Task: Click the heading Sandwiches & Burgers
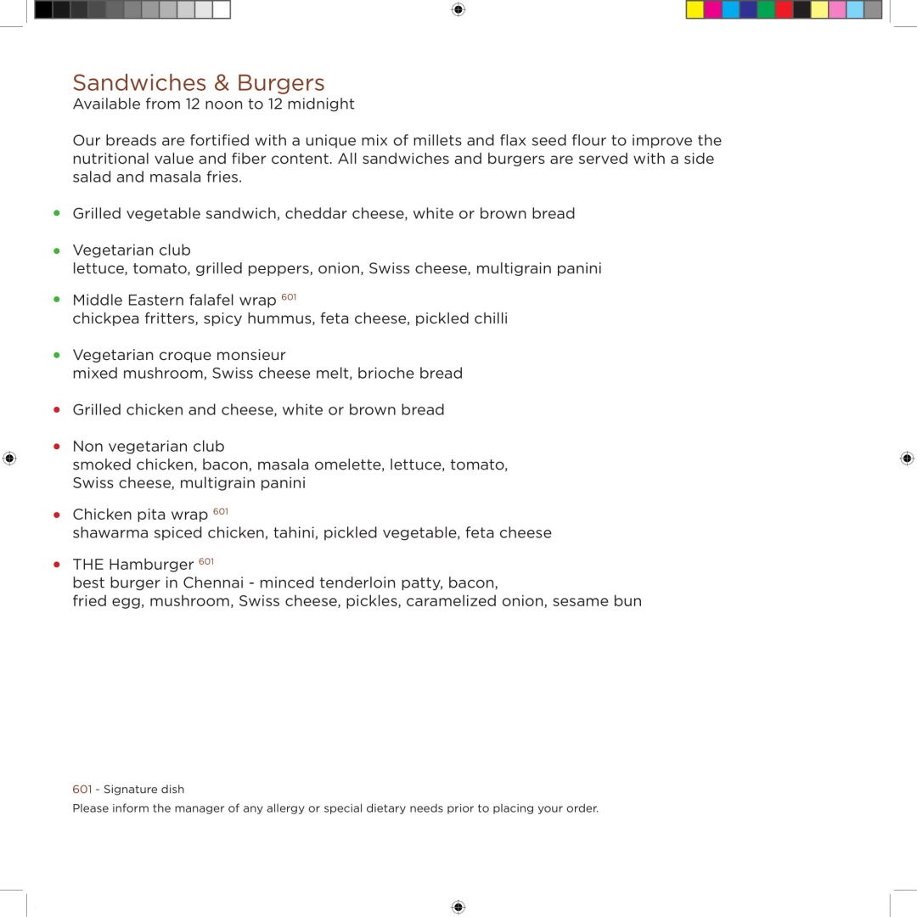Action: [199, 83]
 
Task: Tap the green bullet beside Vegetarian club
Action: [57, 250]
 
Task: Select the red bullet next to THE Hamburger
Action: [57, 565]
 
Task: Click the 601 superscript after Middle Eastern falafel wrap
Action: [289, 297]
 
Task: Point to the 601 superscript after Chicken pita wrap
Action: [221, 511]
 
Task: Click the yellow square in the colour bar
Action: [695, 10]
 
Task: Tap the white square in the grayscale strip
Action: [221, 10]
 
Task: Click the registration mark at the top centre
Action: [458, 9]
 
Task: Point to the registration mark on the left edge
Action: [9, 458]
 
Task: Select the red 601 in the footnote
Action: [82, 790]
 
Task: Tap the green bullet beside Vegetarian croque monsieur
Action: [57, 355]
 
